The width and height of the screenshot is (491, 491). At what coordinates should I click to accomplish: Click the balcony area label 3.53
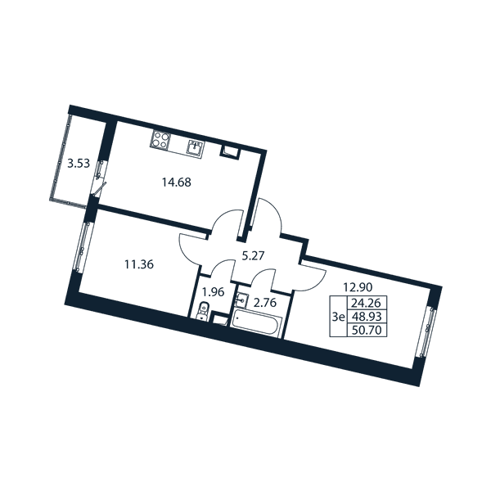79,164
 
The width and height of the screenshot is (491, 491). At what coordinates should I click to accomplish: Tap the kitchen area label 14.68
176,182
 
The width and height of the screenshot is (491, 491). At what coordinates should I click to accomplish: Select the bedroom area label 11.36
139,264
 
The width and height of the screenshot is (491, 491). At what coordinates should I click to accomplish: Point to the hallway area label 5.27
254,256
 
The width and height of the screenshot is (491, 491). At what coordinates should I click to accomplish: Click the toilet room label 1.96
214,292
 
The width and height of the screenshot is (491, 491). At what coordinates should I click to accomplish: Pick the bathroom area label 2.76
265,303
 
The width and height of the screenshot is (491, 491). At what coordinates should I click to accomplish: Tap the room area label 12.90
358,287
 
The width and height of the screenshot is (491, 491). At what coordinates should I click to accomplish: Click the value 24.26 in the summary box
367,303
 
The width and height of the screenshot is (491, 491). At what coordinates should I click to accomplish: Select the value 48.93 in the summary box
367,317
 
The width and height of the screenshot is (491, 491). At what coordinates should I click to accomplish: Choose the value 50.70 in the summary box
367,330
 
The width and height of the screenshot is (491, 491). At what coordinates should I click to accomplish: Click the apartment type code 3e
339,317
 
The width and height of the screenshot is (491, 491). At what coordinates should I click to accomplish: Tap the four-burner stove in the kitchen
160,140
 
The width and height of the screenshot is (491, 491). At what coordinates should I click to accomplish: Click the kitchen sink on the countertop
196,147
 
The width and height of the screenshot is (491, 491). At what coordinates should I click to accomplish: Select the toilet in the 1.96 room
203,310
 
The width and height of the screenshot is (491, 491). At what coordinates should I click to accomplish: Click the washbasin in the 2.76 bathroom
241,300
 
